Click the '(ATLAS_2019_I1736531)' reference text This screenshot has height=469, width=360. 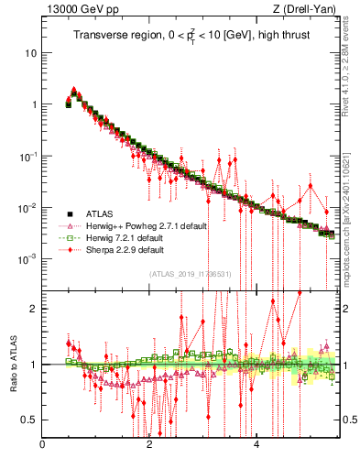(191, 273)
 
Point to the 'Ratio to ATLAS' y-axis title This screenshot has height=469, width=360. (13, 364)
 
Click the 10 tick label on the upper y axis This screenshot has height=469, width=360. (30, 53)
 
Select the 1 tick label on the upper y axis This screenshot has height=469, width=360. (34, 104)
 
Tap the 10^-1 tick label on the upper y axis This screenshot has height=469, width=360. (28, 156)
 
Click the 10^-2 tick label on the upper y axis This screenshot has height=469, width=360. (28, 208)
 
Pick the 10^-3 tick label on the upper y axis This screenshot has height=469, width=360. (28, 259)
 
